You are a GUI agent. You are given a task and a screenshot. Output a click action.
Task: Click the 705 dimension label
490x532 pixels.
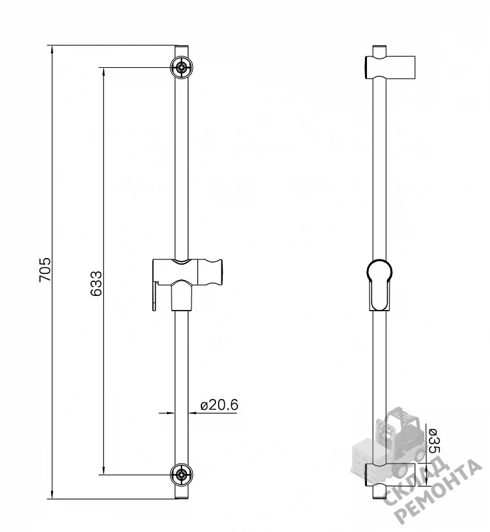45,270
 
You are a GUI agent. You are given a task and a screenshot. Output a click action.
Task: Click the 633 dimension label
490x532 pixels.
96,284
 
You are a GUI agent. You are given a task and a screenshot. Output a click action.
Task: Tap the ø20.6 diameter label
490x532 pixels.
219,405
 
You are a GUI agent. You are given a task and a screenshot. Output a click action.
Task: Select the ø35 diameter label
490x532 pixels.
434,441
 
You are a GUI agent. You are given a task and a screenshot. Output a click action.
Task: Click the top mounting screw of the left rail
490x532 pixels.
182,68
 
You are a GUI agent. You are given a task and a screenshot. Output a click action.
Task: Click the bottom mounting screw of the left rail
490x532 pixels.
182,475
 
